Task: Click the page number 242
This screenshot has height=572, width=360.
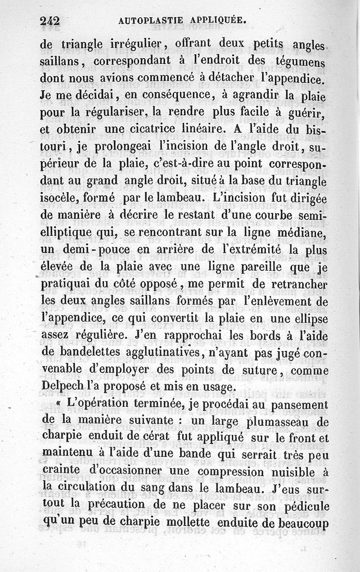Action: (50, 21)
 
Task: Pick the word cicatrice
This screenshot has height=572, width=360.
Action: (163, 130)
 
